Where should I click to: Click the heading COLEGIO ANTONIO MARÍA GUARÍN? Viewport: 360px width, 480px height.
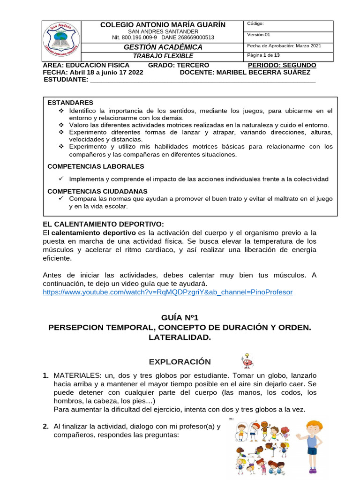tap(163, 24)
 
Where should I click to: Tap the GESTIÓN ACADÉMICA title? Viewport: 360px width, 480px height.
tap(163, 47)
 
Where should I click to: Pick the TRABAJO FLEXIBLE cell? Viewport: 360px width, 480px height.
tap(163, 56)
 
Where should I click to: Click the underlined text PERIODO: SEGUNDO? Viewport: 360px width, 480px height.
tap(282, 65)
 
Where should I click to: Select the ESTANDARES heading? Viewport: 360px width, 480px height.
tap(70, 103)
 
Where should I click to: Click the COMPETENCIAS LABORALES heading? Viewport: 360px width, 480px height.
tap(96, 166)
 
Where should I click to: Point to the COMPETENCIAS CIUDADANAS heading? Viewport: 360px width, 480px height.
tap(97, 191)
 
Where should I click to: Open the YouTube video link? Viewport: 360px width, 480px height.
tap(167, 292)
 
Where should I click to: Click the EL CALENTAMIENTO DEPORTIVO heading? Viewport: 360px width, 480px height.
tap(103, 224)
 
